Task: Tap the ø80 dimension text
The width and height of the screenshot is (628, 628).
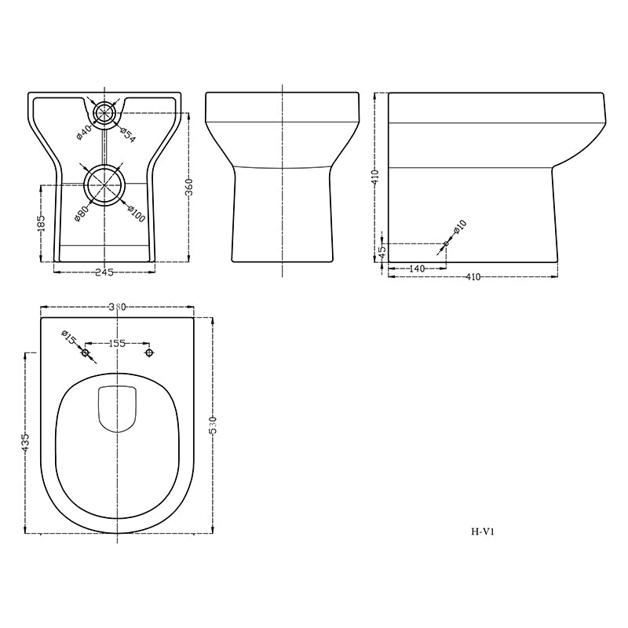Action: (x=82, y=210)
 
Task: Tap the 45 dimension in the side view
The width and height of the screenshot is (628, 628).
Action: (x=382, y=252)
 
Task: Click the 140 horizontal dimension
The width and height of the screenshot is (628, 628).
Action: (x=417, y=268)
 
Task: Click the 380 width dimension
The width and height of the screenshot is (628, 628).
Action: (x=117, y=307)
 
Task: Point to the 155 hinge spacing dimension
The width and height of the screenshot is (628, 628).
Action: (x=117, y=343)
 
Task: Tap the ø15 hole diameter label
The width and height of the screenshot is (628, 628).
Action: (x=69, y=338)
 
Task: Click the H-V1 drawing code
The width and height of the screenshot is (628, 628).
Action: (x=482, y=531)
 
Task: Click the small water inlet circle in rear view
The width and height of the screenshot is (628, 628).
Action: (x=104, y=113)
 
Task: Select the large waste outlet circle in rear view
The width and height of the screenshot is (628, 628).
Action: (x=104, y=185)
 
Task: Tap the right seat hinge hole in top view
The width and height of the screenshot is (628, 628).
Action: (x=149, y=353)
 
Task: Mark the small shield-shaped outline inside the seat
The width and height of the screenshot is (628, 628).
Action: (x=117, y=409)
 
